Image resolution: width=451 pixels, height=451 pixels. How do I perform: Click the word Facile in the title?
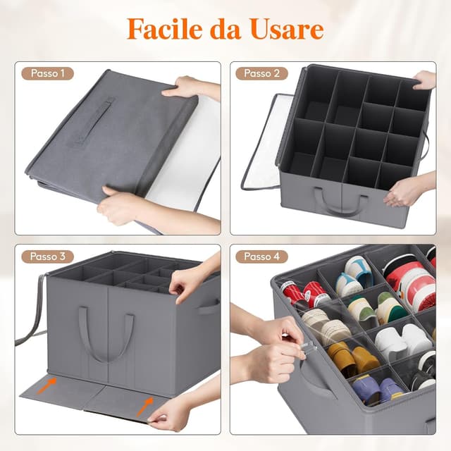coord(164,29)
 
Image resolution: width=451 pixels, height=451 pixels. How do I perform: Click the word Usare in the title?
coord(285,29)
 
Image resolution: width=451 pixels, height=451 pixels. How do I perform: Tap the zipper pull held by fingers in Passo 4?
coord(309,346)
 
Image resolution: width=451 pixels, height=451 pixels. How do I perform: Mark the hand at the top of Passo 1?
coord(185,89)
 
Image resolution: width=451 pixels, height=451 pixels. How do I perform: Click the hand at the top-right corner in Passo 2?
coord(425,79)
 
